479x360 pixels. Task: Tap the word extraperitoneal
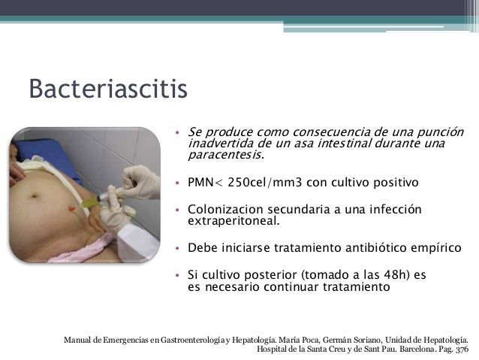(x=232, y=222)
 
